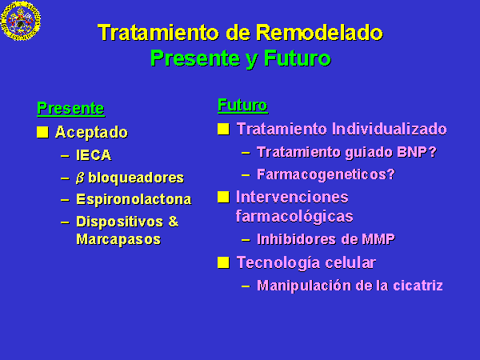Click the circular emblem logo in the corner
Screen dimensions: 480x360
(x=21, y=20)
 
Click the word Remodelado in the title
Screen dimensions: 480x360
(x=319, y=33)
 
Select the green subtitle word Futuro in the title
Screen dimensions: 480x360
(x=298, y=58)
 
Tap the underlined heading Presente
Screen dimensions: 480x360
(x=70, y=108)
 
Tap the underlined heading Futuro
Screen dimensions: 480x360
(x=242, y=106)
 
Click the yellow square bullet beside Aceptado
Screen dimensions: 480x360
(x=42, y=132)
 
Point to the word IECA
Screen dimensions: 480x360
(x=94, y=155)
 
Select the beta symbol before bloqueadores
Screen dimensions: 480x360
(x=80, y=178)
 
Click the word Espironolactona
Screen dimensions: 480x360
(x=134, y=199)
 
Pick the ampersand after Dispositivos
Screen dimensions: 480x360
(x=174, y=222)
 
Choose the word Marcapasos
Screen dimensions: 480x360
(x=118, y=239)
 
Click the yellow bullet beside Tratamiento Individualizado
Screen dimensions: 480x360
(x=223, y=129)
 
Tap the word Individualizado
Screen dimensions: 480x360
(x=390, y=129)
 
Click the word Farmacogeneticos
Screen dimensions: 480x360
(x=322, y=174)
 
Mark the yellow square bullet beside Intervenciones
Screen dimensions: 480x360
(x=223, y=197)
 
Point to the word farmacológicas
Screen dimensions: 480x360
(x=294, y=216)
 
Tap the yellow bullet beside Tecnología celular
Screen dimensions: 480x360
(x=223, y=262)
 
